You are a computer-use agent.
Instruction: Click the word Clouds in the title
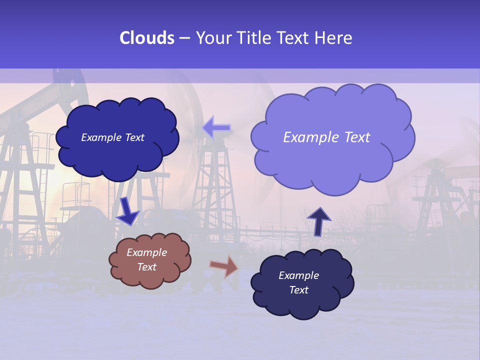[147, 38]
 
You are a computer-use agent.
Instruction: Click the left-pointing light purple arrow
[216, 128]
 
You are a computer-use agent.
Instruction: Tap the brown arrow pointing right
[224, 266]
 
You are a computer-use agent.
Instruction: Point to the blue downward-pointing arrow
[128, 212]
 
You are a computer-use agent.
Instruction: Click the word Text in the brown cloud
[146, 267]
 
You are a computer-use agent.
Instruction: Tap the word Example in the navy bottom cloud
[298, 275]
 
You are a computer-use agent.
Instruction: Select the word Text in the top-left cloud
[134, 137]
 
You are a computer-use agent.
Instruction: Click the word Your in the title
[214, 38]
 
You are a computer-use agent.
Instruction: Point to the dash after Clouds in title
[184, 38]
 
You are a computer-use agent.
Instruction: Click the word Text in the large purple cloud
[357, 137]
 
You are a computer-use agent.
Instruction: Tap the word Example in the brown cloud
[146, 252]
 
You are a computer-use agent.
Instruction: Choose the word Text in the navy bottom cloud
[298, 290]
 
